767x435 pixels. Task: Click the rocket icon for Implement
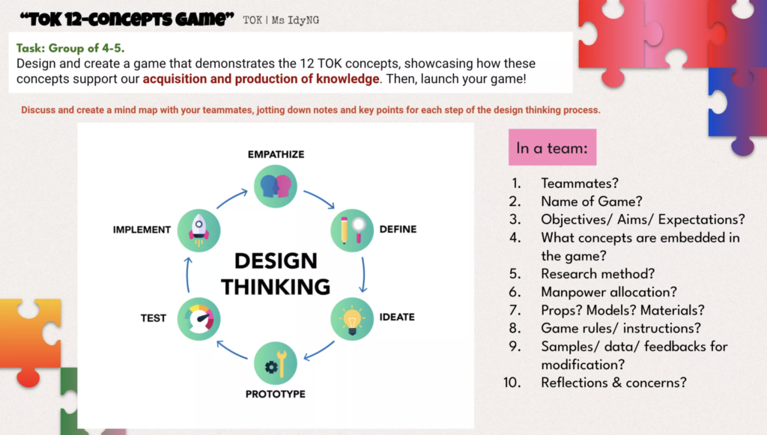(198, 230)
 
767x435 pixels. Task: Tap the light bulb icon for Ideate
(352, 319)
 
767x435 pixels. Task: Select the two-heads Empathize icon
(276, 186)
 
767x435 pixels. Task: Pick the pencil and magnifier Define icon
(352, 230)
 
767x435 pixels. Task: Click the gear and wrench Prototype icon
(276, 363)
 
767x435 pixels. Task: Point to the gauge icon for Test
(198, 319)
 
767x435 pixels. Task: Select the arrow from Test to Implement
(188, 275)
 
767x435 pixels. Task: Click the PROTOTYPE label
(276, 394)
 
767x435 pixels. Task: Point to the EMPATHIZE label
(276, 154)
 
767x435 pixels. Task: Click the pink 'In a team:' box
(552, 147)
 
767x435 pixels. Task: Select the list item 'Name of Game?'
(592, 201)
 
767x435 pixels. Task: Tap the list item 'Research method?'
(598, 274)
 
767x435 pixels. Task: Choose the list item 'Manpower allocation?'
(609, 292)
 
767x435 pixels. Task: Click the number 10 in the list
(512, 382)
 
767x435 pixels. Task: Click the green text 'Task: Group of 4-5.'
(70, 48)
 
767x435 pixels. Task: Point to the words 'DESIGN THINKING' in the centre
(276, 274)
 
